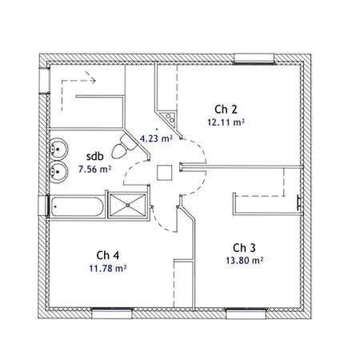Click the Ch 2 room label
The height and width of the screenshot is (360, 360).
[x=226, y=110]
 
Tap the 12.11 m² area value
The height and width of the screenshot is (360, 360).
[x=226, y=122]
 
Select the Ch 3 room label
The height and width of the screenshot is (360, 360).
[x=244, y=248]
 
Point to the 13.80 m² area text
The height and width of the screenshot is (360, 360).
[x=245, y=260]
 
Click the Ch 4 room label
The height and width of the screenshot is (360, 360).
[x=107, y=255]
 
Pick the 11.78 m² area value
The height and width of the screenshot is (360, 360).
[x=108, y=268]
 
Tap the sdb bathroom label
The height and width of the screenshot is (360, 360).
[x=95, y=156]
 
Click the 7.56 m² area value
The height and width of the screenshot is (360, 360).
[x=94, y=169]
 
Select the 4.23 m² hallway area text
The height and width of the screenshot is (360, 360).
[x=156, y=138]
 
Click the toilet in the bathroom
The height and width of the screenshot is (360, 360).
[x=123, y=146]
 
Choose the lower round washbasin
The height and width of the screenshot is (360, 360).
[x=58, y=172]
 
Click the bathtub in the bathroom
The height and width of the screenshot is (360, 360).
[x=77, y=207]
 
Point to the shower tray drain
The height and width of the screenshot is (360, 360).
[x=128, y=205]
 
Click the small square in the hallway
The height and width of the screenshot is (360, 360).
[x=164, y=173]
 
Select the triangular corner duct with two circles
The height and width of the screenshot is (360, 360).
[x=168, y=119]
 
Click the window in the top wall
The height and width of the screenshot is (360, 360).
[x=254, y=58]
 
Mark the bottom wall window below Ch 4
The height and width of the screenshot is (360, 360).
[x=112, y=314]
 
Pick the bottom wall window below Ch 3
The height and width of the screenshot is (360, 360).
[x=246, y=314]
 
